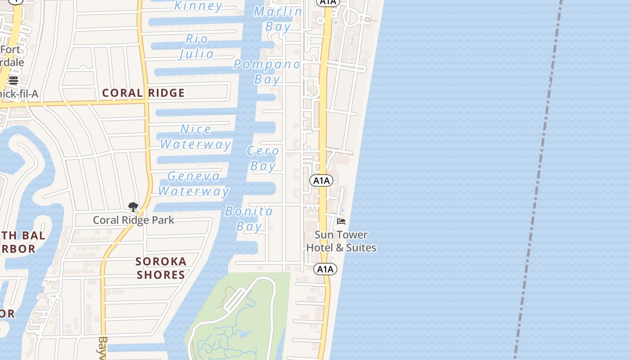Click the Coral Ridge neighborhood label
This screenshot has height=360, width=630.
click(x=143, y=93)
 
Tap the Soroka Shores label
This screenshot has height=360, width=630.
click(x=161, y=268)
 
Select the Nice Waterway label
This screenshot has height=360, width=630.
click(x=196, y=137)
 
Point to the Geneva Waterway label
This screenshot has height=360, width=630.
click(x=194, y=184)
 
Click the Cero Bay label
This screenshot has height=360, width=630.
click(x=263, y=158)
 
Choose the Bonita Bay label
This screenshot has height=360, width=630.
click(x=249, y=218)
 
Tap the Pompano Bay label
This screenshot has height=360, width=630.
click(x=267, y=72)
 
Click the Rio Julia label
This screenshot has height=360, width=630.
click(x=197, y=46)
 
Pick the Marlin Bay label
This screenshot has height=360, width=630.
click(x=278, y=19)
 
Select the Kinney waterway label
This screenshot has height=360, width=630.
click(x=198, y=6)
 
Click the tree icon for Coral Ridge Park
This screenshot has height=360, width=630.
click(x=133, y=207)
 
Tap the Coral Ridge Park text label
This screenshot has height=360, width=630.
click(x=133, y=220)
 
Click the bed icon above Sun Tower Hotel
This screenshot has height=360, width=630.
click(x=341, y=221)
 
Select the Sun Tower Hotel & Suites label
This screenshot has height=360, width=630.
click(x=341, y=241)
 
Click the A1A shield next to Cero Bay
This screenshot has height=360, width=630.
click(x=321, y=180)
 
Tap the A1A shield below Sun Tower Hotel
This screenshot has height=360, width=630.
click(x=325, y=269)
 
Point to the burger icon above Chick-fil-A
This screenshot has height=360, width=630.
click(x=13, y=81)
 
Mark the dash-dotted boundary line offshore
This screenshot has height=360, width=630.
click(x=538, y=180)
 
